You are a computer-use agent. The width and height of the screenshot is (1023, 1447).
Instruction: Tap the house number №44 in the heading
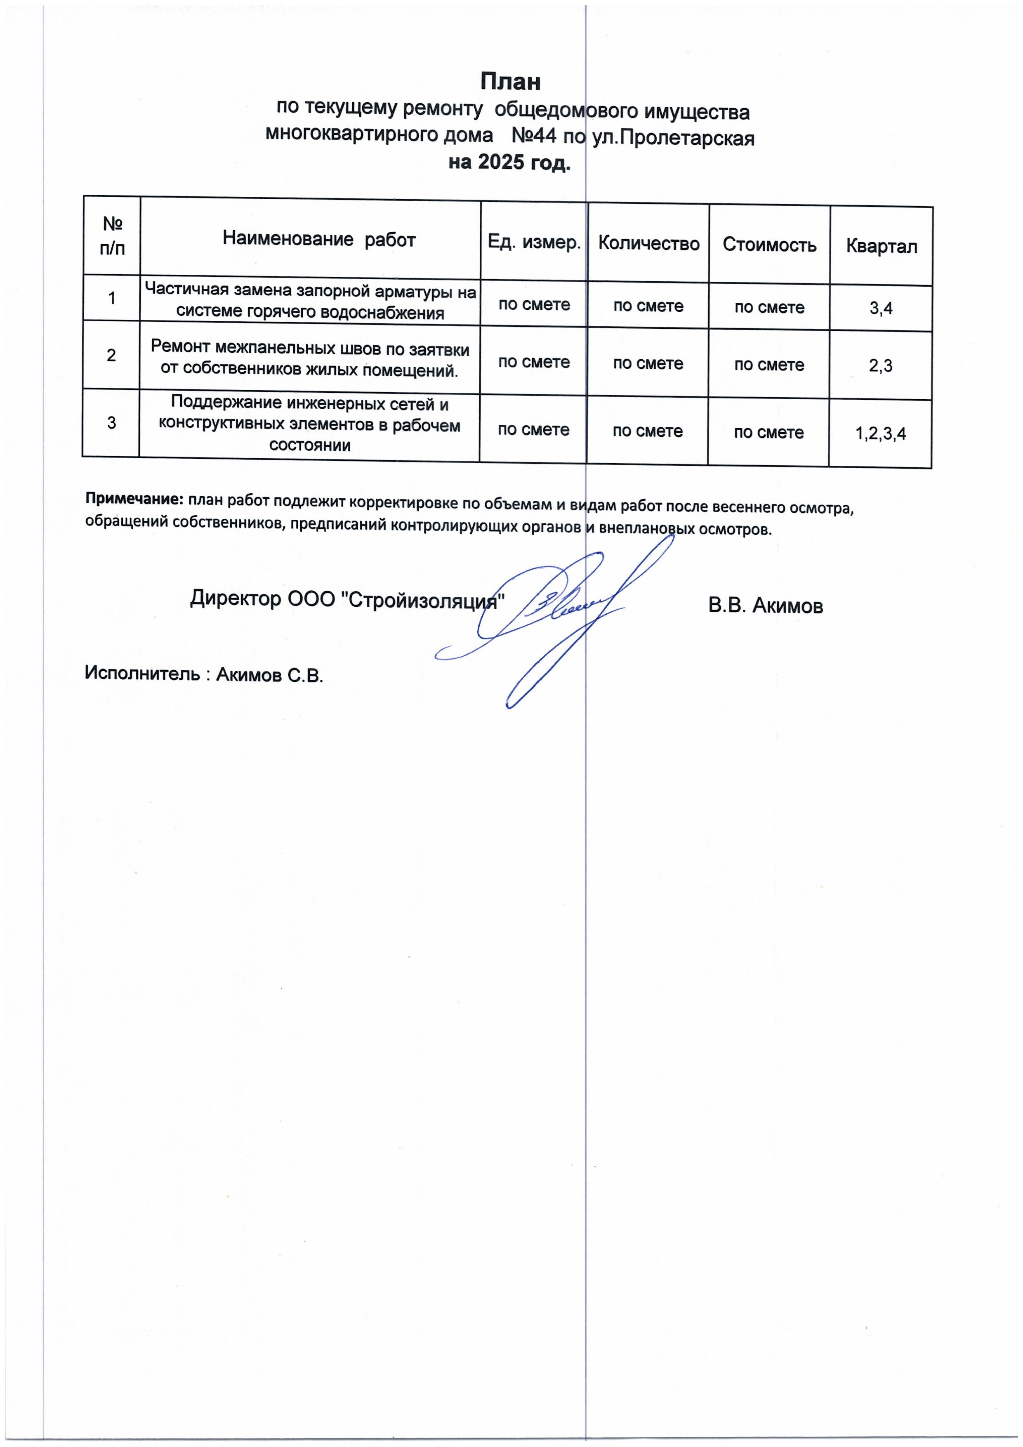pyautogui.click(x=533, y=135)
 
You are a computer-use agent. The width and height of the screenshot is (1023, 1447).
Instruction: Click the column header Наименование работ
pyautogui.click(x=319, y=240)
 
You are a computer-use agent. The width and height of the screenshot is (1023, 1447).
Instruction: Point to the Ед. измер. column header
pyautogui.click(x=534, y=243)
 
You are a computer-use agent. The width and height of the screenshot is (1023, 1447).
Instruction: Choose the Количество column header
pyautogui.click(x=648, y=244)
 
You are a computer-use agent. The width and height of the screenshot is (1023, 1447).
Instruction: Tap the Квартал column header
pyautogui.click(x=881, y=246)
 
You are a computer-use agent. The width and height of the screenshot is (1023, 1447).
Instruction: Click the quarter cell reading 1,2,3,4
pyautogui.click(x=881, y=434)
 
